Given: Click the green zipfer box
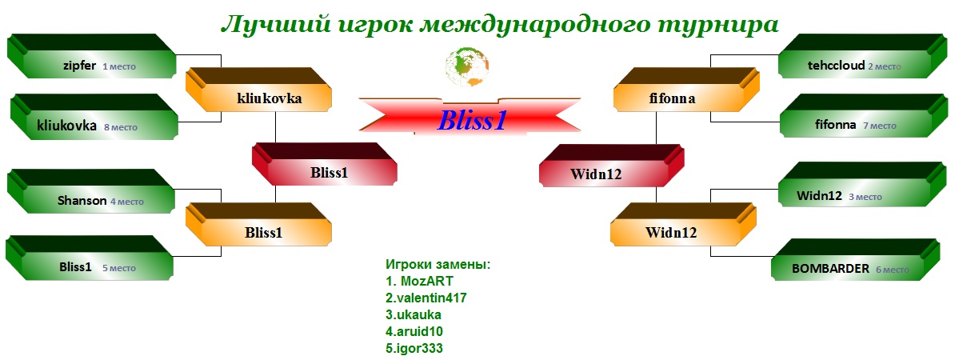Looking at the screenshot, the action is pos(91,58).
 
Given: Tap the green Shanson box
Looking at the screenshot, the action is pos(91,192).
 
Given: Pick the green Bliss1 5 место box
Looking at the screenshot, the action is pos(90,258).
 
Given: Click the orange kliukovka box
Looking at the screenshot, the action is pos(259,90).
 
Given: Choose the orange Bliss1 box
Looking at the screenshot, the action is pos(259,224).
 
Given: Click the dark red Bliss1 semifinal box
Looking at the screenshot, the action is pos(325,164).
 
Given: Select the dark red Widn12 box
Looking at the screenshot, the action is pos(612,166).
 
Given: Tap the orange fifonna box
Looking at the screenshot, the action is pos(686,90).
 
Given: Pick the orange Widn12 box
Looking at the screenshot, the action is pos(683,224).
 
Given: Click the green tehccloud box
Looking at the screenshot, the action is pos(864,57).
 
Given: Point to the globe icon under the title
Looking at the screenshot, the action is pos(467,67).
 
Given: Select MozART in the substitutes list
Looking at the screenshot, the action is pos(419,282).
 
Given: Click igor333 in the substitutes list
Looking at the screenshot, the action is pos(414,349).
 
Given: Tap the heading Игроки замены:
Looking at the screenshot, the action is pos(438,265).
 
